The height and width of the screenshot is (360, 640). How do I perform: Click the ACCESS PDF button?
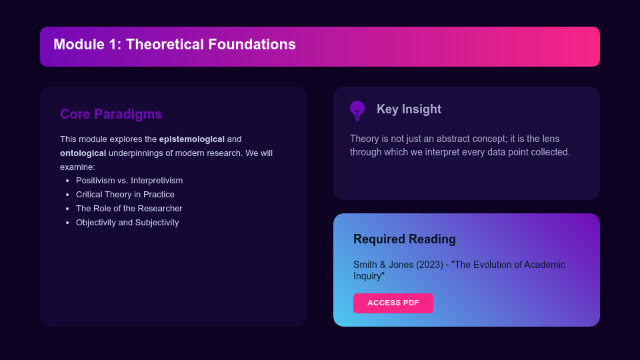(x=393, y=303)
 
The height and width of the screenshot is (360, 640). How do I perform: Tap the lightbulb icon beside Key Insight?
(x=357, y=110)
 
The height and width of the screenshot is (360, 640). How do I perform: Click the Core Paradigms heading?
(x=111, y=114)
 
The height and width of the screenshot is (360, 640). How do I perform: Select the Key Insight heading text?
(x=409, y=109)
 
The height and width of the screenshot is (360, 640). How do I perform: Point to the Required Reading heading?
(x=404, y=239)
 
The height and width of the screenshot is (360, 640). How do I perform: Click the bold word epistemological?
(x=191, y=139)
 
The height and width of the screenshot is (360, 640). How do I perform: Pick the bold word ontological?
(x=83, y=153)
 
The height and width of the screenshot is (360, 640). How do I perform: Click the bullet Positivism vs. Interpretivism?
(x=129, y=181)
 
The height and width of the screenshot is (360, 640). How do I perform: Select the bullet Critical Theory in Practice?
(x=125, y=195)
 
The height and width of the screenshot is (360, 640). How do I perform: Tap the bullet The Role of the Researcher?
(x=129, y=209)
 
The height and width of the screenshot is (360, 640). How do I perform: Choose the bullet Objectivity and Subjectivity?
(x=127, y=223)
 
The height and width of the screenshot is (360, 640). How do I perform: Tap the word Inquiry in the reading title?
(x=368, y=276)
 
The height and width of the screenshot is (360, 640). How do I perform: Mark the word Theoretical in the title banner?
(x=164, y=45)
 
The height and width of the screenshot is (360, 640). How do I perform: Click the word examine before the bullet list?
(x=77, y=167)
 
